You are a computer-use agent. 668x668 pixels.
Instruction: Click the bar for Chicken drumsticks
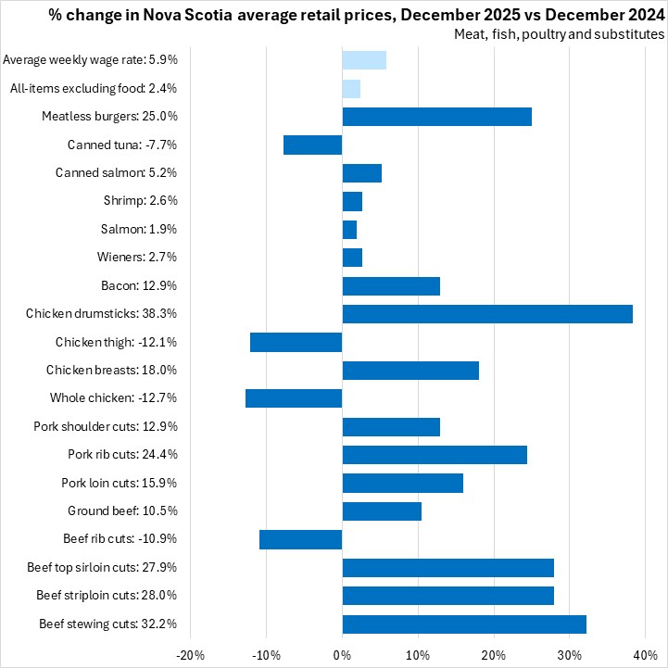[487, 314]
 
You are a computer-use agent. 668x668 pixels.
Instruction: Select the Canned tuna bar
[313, 145]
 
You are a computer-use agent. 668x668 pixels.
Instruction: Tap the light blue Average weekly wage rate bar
[364, 60]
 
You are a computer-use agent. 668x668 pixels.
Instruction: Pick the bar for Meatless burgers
[436, 117]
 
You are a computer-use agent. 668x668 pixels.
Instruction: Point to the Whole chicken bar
[294, 398]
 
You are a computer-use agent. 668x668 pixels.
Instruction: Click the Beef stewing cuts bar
[464, 624]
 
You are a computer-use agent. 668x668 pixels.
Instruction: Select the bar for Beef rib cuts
[301, 539]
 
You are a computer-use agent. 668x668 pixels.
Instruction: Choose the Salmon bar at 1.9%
[349, 229]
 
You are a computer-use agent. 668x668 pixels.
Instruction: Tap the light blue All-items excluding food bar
[351, 89]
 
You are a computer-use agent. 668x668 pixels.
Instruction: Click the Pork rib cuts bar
[435, 455]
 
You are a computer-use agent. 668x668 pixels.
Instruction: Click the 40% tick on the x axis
[645, 654]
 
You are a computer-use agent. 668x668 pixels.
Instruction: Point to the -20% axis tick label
[191, 654]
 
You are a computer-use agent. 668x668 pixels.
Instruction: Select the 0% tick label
[342, 654]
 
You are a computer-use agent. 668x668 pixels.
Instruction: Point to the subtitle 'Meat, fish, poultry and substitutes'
[559, 34]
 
